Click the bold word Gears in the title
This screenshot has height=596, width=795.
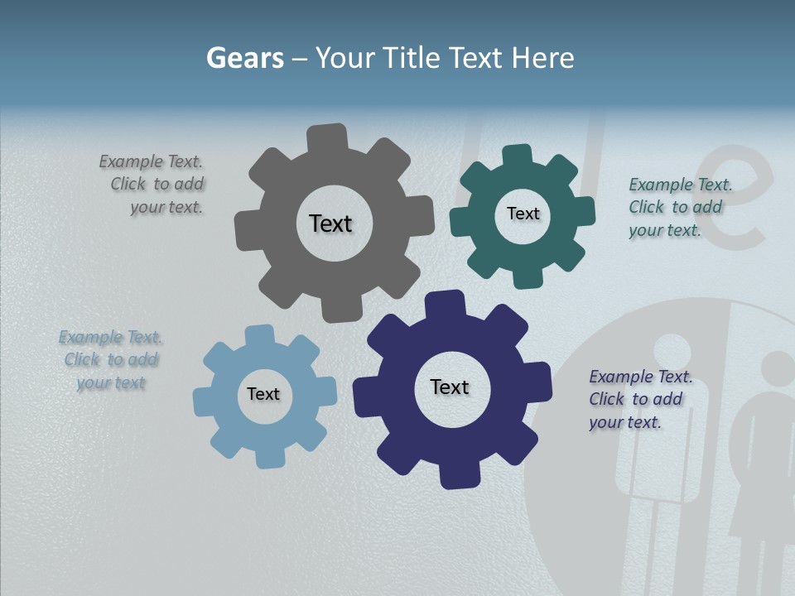point(244,58)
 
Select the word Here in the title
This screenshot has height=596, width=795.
point(542,58)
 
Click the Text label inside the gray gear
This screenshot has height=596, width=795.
point(330,223)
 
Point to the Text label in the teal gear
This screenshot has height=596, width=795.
point(523,214)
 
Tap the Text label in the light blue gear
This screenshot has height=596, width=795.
point(263,394)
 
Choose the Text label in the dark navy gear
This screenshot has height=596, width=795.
point(450,387)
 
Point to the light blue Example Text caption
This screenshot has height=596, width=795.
point(111,359)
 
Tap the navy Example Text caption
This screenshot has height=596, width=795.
point(638,399)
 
